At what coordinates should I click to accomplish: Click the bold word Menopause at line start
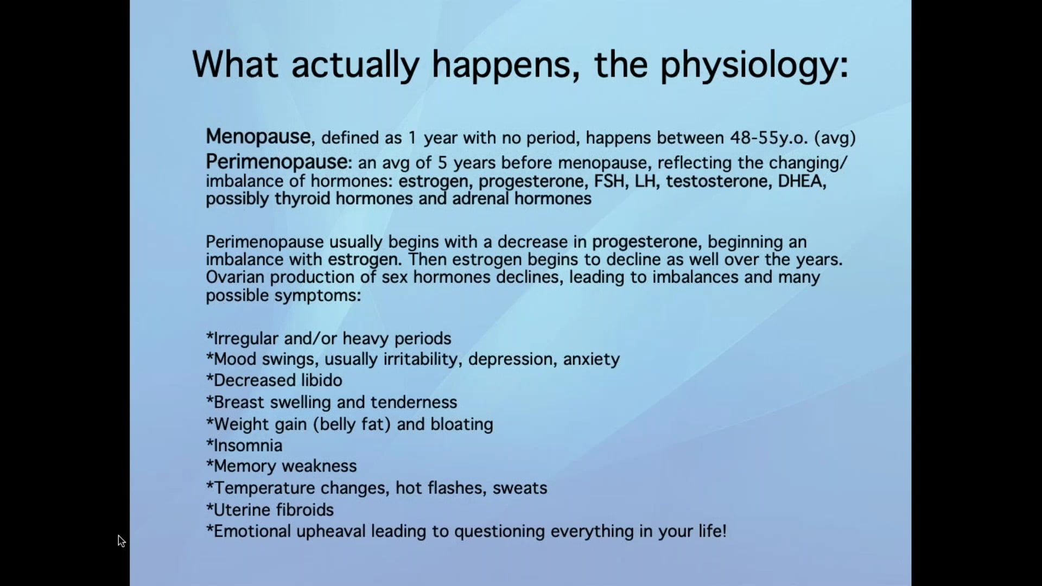click(258, 137)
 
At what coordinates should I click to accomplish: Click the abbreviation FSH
click(609, 181)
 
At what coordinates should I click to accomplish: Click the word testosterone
click(718, 181)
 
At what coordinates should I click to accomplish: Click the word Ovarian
click(236, 277)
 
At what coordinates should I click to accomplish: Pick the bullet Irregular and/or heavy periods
click(329, 339)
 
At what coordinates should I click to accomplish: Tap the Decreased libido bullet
click(275, 380)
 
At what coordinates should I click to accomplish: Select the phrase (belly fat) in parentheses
click(352, 424)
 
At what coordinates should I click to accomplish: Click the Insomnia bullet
click(245, 445)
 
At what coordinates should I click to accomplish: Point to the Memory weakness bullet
click(282, 466)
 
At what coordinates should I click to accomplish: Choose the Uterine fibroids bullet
click(270, 510)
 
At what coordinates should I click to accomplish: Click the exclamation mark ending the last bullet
click(724, 531)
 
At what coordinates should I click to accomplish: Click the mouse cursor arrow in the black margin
click(121, 541)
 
